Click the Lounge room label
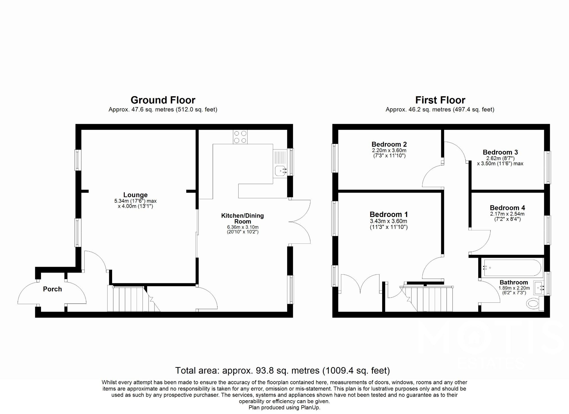point(135,195)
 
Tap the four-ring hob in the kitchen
point(240,137)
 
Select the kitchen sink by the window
point(280,170)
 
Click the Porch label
point(52,289)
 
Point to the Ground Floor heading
point(163,100)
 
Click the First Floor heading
point(440,100)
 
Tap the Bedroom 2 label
point(389,144)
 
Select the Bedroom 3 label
point(500,152)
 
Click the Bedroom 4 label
point(507,208)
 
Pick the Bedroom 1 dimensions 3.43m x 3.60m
point(388,221)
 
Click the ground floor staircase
point(129,299)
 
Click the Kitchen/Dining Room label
point(242,218)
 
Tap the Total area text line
point(282,370)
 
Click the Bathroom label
point(514,282)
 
